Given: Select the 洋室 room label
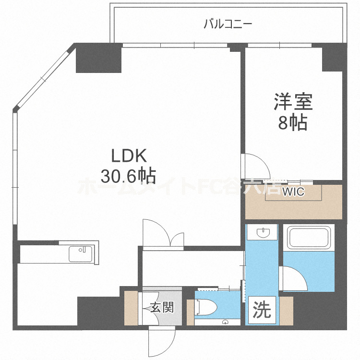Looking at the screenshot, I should tap(293, 102).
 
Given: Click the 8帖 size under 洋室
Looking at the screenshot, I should tap(293, 123).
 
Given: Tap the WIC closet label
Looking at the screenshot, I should tap(293, 192).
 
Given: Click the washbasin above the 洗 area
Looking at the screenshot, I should tap(262, 233).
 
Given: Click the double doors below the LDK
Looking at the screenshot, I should tap(163, 235).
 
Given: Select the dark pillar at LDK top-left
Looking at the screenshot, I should tap(98, 59).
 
